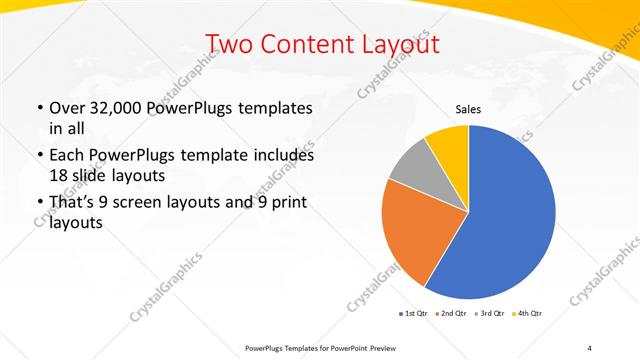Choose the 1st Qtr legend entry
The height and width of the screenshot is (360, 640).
414,314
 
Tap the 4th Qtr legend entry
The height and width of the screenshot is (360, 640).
528,314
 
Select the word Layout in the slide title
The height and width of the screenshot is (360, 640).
400,44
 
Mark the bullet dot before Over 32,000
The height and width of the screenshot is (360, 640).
39,107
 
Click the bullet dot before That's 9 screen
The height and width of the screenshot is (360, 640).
39,203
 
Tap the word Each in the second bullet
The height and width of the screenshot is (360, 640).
68,155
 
